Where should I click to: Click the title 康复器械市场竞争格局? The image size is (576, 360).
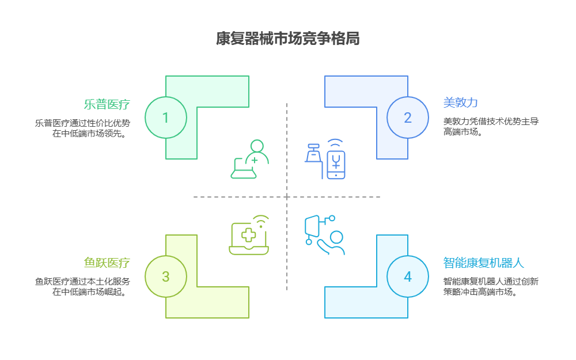point(287,39)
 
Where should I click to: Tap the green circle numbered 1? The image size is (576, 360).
point(166,118)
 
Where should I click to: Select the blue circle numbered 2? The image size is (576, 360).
point(408,118)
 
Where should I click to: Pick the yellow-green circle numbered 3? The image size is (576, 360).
point(166,276)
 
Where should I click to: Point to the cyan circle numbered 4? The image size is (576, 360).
point(408,276)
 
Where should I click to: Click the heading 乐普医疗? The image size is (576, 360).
point(107,104)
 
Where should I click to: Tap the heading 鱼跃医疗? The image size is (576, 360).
point(107,263)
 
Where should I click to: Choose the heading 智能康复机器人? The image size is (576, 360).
point(483,263)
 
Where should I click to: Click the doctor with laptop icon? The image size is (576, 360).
point(250,160)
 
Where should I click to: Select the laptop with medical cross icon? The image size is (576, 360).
point(249,236)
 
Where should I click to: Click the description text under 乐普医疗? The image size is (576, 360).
point(82,128)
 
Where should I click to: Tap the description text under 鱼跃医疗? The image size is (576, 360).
point(82,287)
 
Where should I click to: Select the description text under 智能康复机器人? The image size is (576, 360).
point(491,286)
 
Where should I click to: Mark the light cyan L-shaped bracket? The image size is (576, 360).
point(366,303)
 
